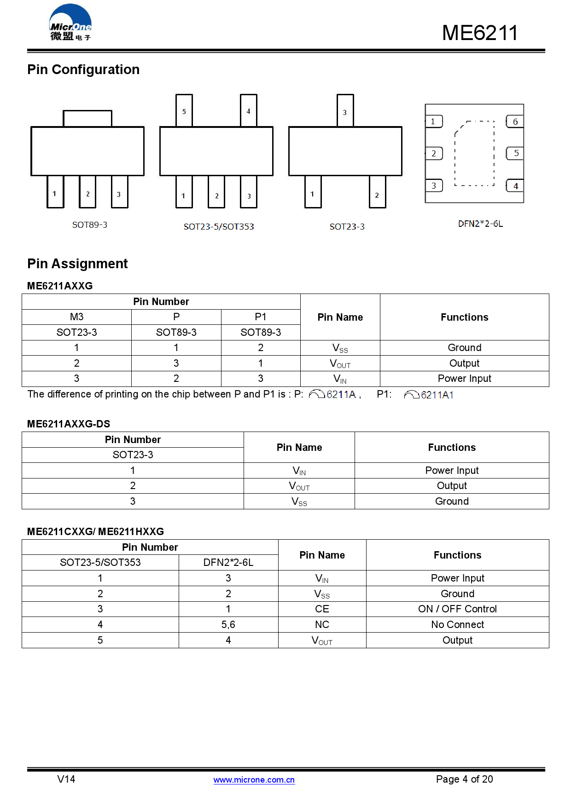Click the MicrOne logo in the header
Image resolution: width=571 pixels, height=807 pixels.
pyautogui.click(x=70, y=23)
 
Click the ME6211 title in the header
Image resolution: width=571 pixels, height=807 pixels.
pyautogui.click(x=479, y=33)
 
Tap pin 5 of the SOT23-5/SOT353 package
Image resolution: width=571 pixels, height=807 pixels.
pyautogui.click(x=184, y=110)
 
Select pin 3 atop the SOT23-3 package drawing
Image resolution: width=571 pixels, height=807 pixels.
pyautogui.click(x=345, y=111)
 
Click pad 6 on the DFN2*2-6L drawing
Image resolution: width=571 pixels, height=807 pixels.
pyautogui.click(x=515, y=122)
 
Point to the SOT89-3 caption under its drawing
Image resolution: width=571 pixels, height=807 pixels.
pyautogui.click(x=90, y=225)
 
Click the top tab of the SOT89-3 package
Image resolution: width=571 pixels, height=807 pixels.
pyautogui.click(x=87, y=118)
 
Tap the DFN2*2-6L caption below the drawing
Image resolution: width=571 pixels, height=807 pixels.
pyautogui.click(x=480, y=224)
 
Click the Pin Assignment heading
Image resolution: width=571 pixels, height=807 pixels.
pyautogui.click(x=77, y=264)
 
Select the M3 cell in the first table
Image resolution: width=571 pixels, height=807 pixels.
pyautogui.click(x=76, y=317)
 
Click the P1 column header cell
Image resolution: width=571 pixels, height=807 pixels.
pyautogui.click(x=261, y=317)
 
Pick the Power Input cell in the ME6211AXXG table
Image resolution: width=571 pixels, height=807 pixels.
pyautogui.click(x=464, y=379)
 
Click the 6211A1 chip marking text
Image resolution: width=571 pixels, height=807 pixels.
pyautogui.click(x=437, y=395)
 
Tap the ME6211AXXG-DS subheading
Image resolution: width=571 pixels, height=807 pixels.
pyautogui.click(x=69, y=424)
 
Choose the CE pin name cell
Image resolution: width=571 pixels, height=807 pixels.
pyautogui.click(x=322, y=609)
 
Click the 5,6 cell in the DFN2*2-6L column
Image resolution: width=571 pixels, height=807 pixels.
pyautogui.click(x=228, y=625)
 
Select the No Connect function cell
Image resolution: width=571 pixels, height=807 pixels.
pyautogui.click(x=457, y=625)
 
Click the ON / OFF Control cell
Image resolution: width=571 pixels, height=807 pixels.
pyautogui.click(x=457, y=609)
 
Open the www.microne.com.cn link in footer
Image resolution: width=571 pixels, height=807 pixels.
pyautogui.click(x=254, y=780)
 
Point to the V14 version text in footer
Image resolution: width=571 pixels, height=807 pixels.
pyautogui.click(x=66, y=779)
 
